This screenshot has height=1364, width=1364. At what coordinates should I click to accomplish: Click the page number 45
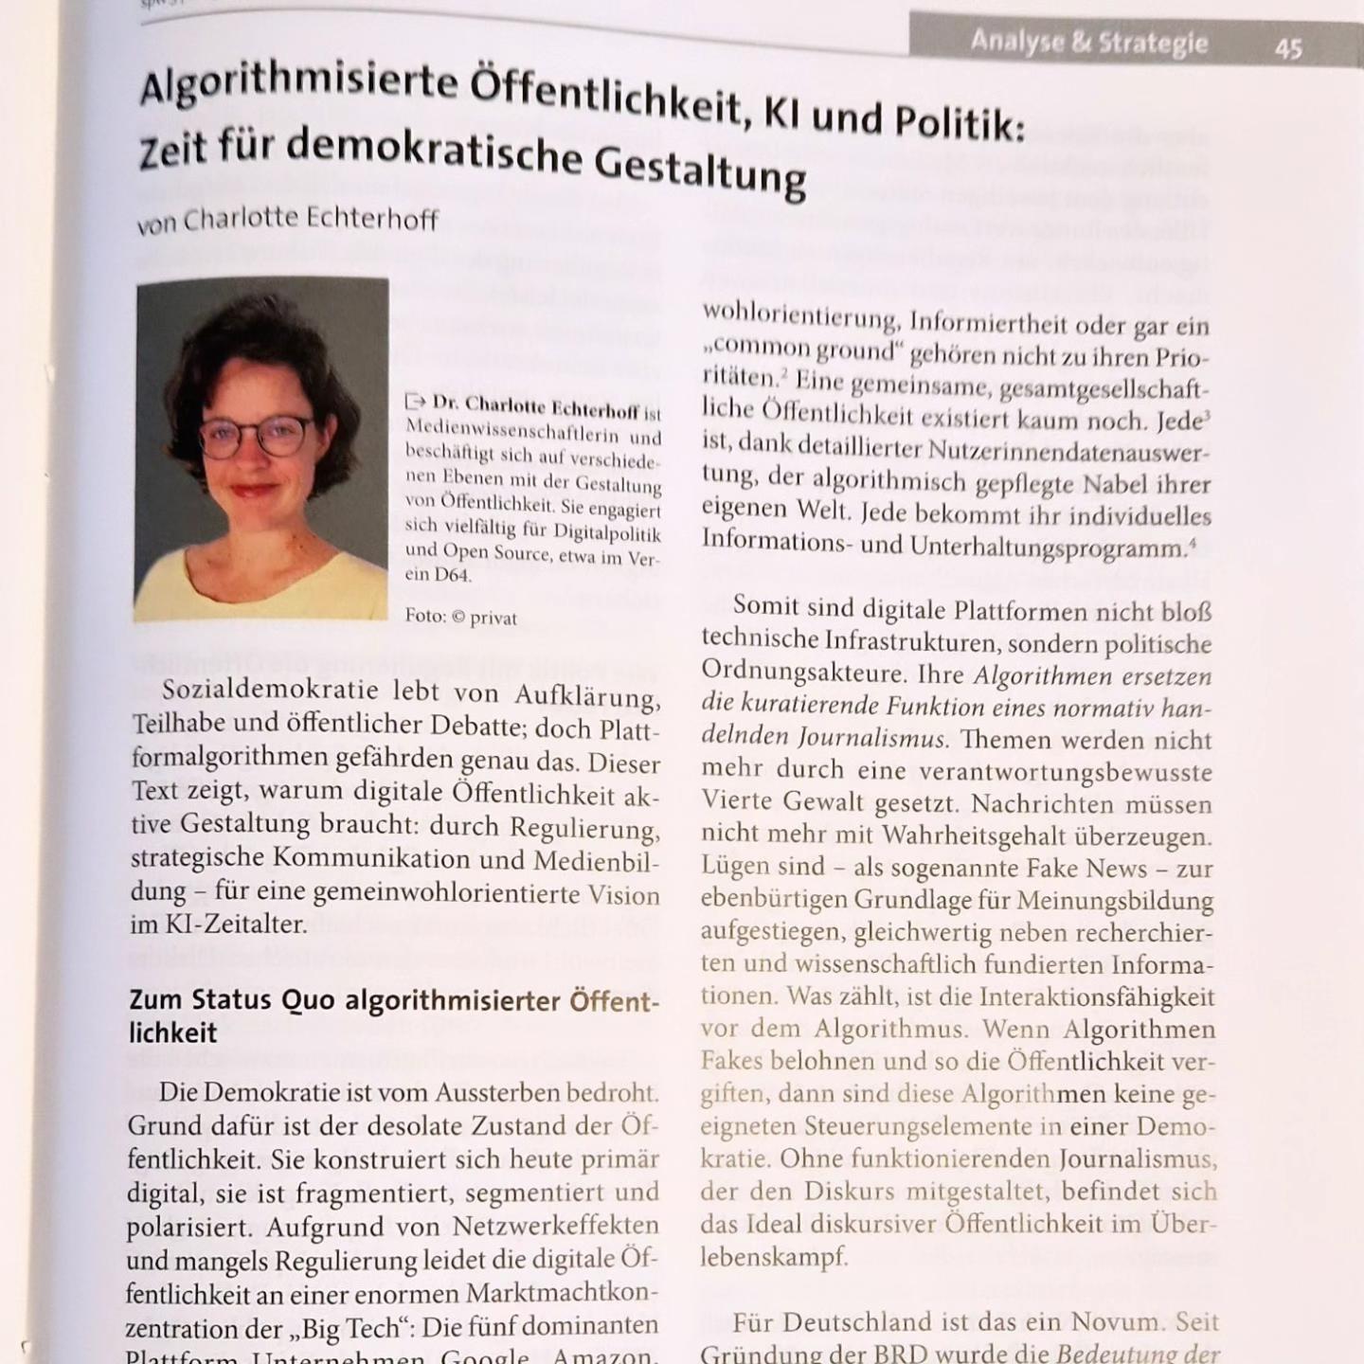(1288, 47)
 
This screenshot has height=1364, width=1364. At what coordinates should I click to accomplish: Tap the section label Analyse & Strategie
(1088, 43)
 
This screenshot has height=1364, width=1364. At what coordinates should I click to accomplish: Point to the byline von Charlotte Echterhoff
(287, 221)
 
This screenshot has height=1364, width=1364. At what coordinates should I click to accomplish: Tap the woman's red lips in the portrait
(254, 491)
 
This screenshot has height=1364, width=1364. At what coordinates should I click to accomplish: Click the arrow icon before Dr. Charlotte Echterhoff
(415, 401)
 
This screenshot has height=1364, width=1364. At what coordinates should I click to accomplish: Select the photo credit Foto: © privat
(461, 618)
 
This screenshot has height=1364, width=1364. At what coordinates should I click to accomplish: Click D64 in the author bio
(452, 575)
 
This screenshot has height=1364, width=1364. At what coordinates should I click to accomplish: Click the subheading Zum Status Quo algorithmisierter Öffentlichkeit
(392, 1015)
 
